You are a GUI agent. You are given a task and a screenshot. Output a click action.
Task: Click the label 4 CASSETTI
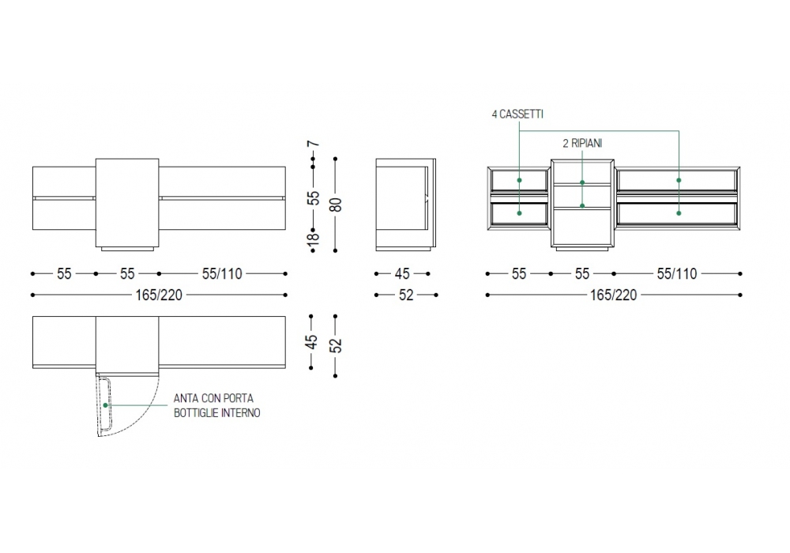pyautogui.click(x=517, y=115)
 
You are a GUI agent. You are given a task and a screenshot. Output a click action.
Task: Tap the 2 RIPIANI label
pyautogui.click(x=582, y=144)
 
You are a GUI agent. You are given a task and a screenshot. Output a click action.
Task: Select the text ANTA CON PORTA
pyautogui.click(x=213, y=398)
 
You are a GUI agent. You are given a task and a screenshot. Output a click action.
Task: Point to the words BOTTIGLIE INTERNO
pyautogui.click(x=217, y=413)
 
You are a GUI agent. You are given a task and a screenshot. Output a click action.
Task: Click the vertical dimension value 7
pyautogui.click(x=313, y=144)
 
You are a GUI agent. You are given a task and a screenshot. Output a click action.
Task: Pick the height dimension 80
pyautogui.click(x=337, y=205)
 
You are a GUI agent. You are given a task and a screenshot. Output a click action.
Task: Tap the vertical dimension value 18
pyautogui.click(x=313, y=236)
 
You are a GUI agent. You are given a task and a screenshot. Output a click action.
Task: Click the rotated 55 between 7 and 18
pyautogui.click(x=313, y=197)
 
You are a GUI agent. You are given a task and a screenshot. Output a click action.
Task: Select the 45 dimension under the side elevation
pyautogui.click(x=402, y=274)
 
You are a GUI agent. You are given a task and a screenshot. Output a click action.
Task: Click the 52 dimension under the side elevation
pyautogui.click(x=406, y=295)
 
